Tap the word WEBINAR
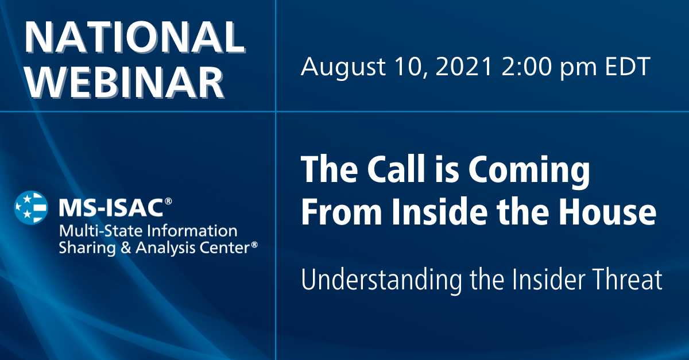click(x=125, y=81)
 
